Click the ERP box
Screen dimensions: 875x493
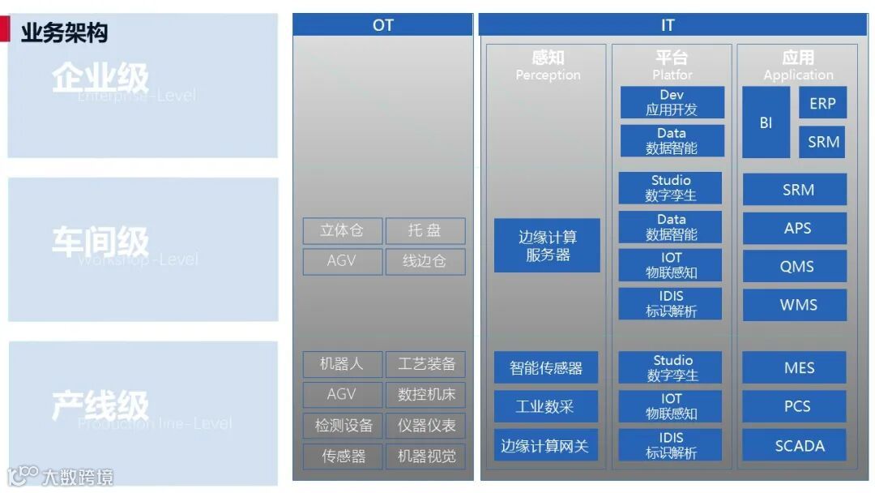[822, 104]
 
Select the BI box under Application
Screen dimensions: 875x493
[766, 123]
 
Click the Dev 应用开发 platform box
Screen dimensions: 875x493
[672, 103]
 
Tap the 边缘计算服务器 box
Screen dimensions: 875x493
[548, 246]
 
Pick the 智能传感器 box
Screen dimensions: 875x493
[546, 368]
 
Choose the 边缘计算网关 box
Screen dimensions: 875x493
[546, 446]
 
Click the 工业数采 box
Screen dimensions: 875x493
[546, 406]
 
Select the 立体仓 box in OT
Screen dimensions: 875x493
[342, 231]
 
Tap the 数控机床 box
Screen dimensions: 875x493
[426, 395]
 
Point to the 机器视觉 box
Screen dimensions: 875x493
[426, 457]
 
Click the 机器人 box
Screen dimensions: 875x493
[342, 364]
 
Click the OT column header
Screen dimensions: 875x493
[382, 25]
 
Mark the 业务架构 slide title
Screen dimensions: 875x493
[64, 32]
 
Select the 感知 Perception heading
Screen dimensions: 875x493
[548, 66]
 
